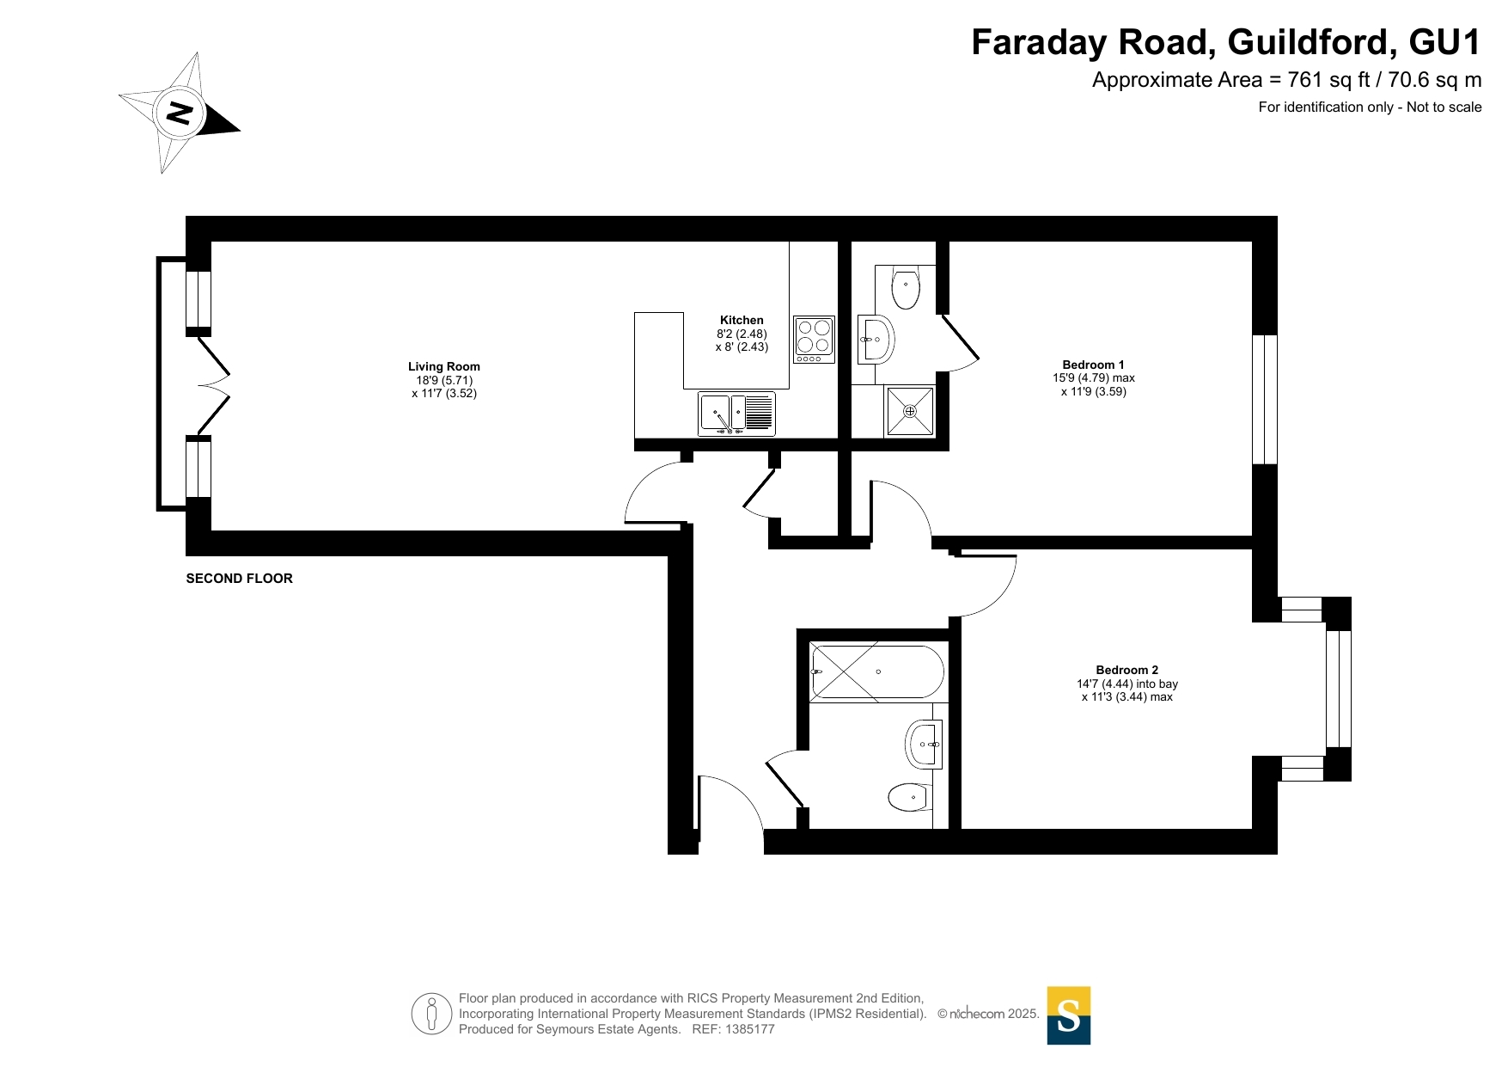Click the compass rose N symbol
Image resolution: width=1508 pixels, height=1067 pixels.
tap(180, 113)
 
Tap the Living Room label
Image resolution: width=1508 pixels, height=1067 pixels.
tap(444, 366)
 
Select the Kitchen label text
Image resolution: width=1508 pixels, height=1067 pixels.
tap(742, 320)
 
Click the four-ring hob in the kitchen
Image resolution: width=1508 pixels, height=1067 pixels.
tap(814, 340)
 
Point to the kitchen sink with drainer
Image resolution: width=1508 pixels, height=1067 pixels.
tap(736, 414)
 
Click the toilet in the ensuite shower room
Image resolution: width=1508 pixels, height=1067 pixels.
tap(906, 289)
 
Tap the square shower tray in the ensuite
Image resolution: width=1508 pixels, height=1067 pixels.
tap(910, 411)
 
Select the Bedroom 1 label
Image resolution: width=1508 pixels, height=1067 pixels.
tap(1093, 365)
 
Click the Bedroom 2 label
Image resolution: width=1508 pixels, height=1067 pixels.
tap(1126, 670)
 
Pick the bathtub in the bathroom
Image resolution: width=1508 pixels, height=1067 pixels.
tap(877, 671)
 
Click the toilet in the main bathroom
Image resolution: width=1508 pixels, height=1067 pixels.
tap(910, 797)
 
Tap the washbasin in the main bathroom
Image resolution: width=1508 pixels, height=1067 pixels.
tap(924, 744)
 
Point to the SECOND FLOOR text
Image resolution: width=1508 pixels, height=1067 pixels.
tap(240, 579)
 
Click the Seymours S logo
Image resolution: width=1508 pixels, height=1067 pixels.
tap(1069, 1015)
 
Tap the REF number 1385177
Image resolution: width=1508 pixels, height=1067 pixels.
tap(750, 1029)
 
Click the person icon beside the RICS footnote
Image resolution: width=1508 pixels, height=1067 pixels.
tap(431, 1014)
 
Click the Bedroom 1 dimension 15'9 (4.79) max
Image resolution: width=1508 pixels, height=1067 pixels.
tap(1094, 377)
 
